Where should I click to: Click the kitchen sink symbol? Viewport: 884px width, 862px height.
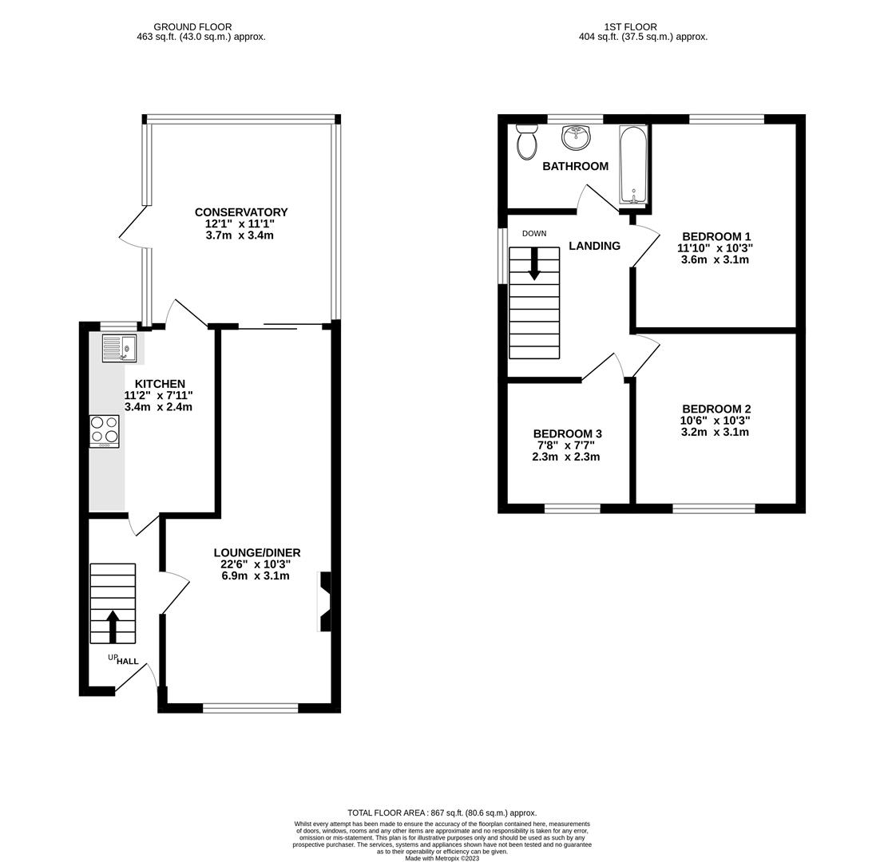(119, 348)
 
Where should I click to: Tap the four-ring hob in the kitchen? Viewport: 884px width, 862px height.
(104, 430)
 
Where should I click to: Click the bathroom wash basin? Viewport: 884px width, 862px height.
(576, 137)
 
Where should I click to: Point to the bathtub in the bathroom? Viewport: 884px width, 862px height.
(632, 165)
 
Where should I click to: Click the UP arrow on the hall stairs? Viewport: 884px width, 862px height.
(113, 626)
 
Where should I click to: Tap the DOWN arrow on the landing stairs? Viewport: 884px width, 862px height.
(534, 264)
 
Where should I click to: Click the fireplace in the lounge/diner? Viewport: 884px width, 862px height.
(325, 602)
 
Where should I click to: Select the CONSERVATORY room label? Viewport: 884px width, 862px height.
(241, 212)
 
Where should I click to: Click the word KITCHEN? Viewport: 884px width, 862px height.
(160, 384)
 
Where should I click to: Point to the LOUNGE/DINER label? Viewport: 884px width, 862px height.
(256, 553)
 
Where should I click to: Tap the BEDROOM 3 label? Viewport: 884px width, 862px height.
(567, 434)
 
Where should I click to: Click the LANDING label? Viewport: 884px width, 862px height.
(594, 246)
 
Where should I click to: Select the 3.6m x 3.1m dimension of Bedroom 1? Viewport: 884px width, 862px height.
(715, 259)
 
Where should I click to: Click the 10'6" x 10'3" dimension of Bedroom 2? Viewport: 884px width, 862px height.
(715, 421)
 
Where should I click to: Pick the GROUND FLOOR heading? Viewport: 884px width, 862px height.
(192, 27)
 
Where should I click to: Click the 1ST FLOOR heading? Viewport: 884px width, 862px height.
(630, 27)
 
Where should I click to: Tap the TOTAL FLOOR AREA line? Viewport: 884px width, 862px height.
(442, 813)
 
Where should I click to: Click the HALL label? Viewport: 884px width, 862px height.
(127, 661)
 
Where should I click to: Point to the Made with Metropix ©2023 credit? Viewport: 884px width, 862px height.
(442, 858)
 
